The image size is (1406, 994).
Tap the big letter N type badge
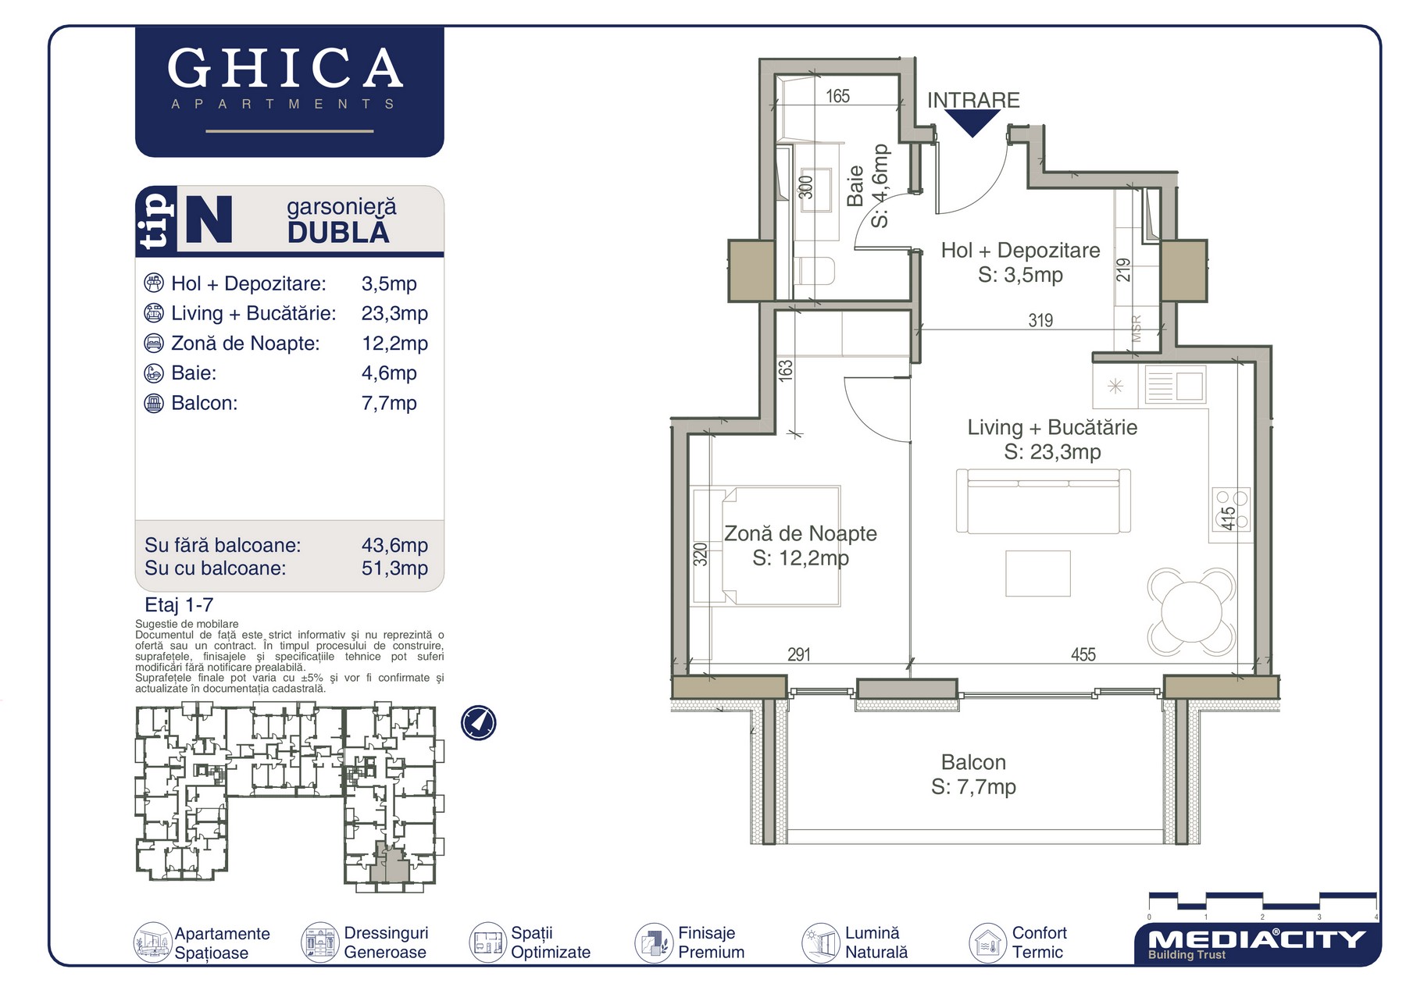(209, 219)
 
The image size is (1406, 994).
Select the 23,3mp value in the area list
(394, 314)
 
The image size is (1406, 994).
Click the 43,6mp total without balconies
(394, 545)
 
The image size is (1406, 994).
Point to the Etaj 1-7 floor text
(179, 605)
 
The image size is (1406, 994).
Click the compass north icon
(478, 722)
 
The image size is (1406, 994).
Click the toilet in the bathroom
(815, 271)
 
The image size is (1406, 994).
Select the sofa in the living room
(1044, 501)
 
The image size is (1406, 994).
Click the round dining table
(1191, 611)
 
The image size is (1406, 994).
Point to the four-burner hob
(1232, 509)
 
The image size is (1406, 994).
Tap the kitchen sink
(1175, 386)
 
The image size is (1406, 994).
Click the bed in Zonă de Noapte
(765, 546)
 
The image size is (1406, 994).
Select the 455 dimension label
(1083, 655)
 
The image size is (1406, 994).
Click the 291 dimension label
(799, 655)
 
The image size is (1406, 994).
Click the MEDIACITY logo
(1256, 943)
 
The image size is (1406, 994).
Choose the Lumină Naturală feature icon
(820, 942)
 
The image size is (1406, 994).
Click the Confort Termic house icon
(988, 942)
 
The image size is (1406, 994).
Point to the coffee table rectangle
(1038, 573)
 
